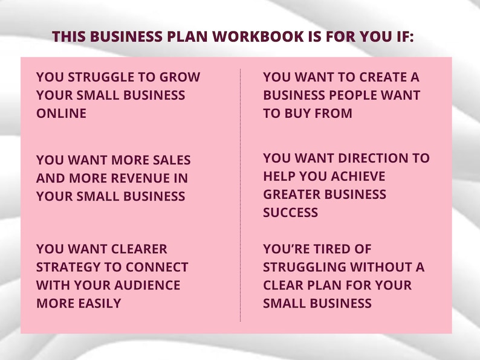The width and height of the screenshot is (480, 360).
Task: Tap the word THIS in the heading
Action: pos(69,36)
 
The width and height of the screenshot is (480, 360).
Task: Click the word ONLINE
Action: pos(61,114)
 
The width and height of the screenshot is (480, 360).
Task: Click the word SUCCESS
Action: pos(290,213)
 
